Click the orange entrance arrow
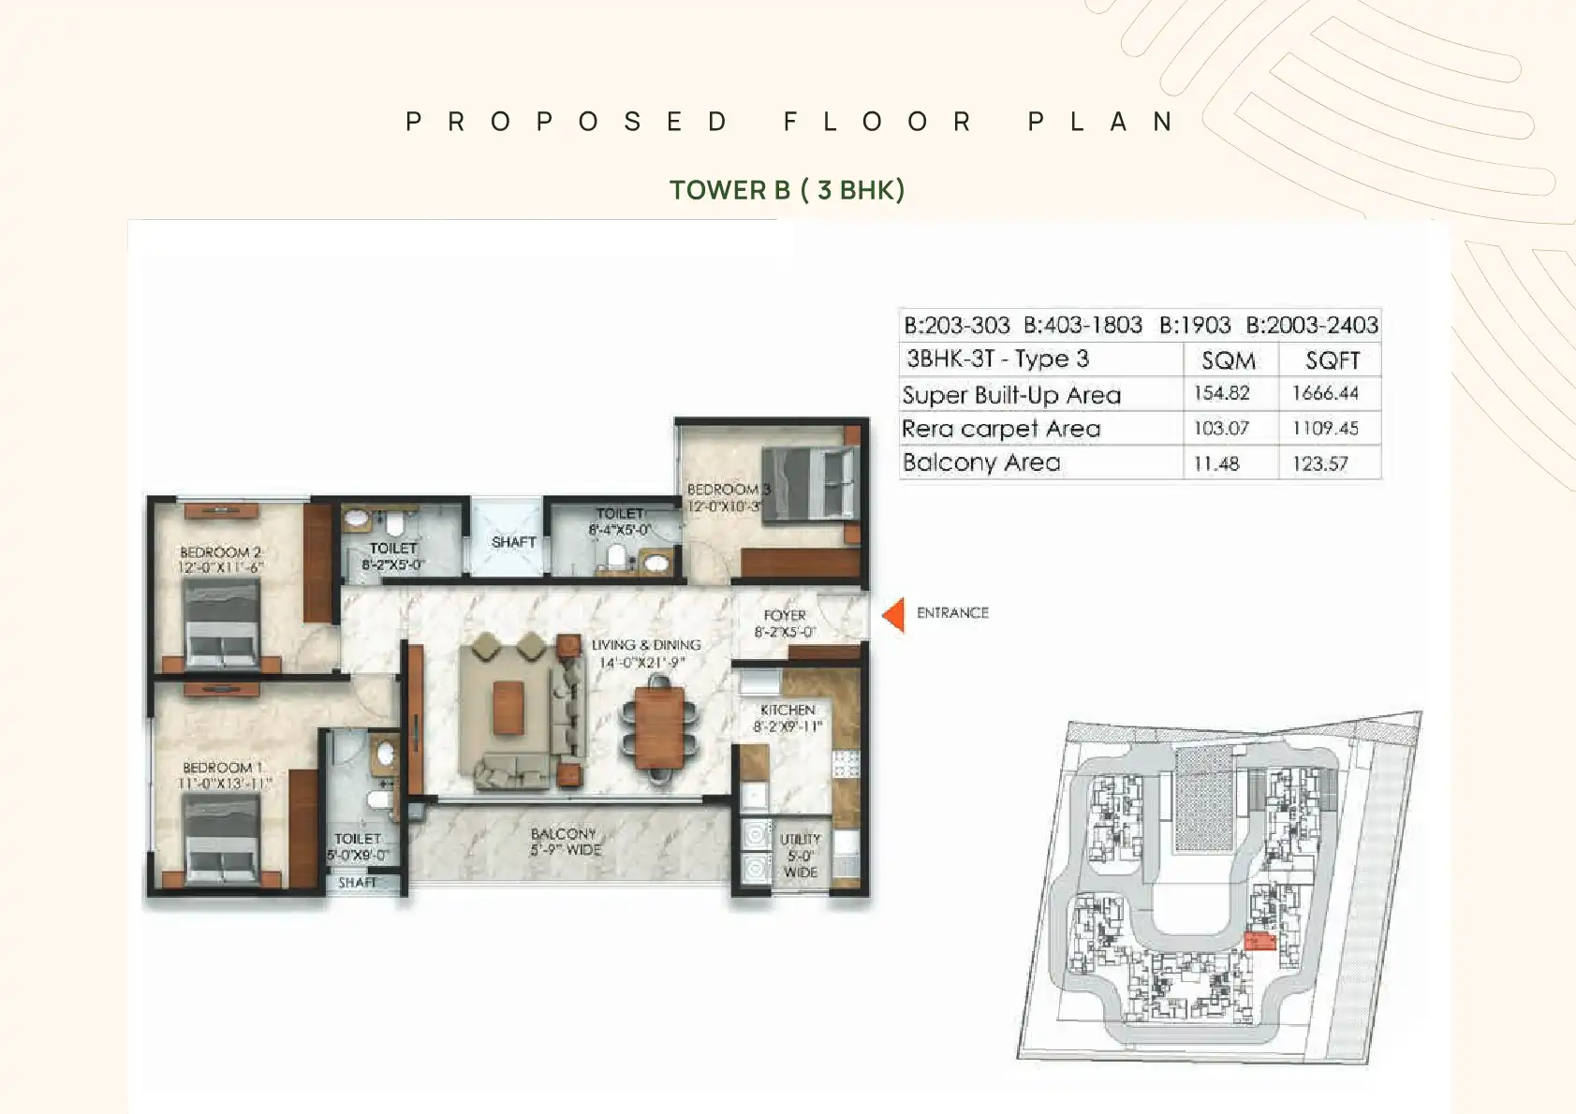894,615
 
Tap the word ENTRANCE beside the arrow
952,613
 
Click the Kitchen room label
788,710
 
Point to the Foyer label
785,615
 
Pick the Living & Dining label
646,645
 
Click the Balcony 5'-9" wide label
565,842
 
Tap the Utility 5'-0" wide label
801,856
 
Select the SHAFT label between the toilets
513,542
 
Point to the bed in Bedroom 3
809,481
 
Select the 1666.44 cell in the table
1325,393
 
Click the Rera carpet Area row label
1001,429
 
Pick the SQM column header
1228,360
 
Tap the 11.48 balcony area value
1216,463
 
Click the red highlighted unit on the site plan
1259,941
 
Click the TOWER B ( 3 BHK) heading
787,190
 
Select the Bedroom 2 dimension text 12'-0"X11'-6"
221,568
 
